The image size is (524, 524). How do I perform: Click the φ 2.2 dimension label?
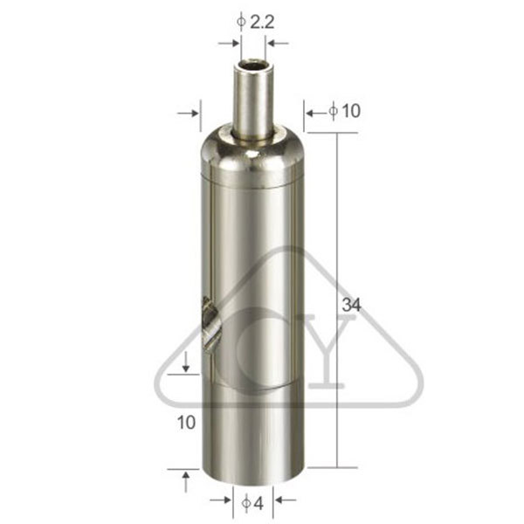pos(255,23)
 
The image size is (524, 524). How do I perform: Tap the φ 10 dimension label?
pos(345,111)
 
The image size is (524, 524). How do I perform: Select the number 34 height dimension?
pos(352,305)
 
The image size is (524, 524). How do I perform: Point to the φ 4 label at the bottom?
pos(252,503)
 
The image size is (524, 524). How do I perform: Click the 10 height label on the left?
pos(186,423)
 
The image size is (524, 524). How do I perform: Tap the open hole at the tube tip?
pos(252,64)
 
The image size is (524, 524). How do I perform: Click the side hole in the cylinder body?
pos(210,324)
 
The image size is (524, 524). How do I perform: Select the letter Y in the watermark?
pos(326,351)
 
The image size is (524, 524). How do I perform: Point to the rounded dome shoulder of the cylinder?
pos(252,154)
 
